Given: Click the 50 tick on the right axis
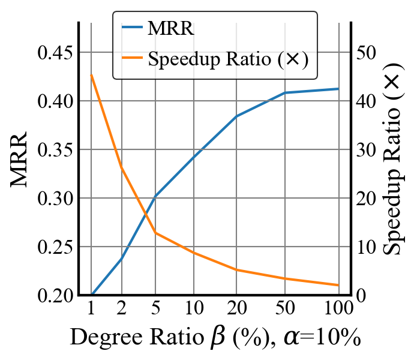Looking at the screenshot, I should click(365, 52).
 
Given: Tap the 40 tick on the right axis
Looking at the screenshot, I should click(365, 101).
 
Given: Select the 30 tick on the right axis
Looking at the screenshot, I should click(365, 149).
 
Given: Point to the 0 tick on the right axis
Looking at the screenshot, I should click(360, 296).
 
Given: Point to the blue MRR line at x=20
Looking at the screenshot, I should click(236, 116).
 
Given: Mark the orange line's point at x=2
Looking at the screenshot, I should click(122, 167).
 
